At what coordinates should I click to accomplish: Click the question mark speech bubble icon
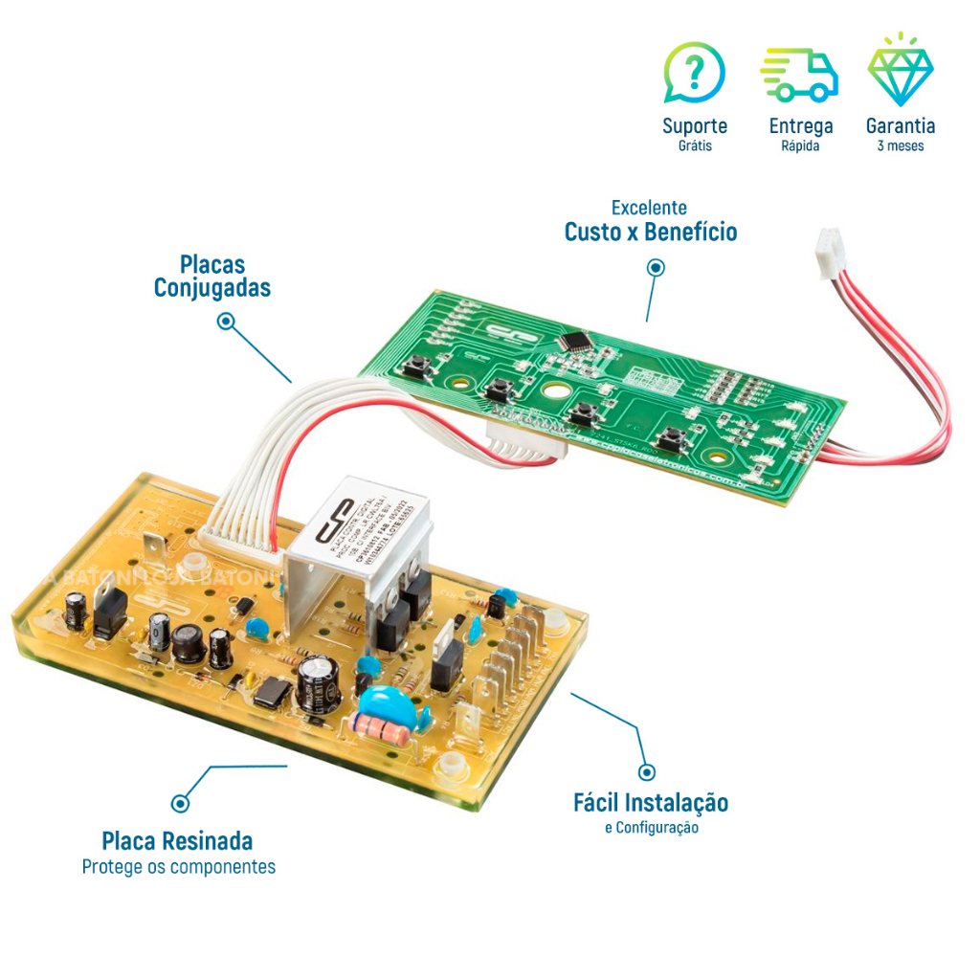pyautogui.click(x=694, y=73)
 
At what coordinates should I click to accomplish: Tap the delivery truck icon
pyautogui.click(x=799, y=75)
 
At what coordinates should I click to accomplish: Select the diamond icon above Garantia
pyautogui.click(x=900, y=72)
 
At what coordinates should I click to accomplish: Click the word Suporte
pyautogui.click(x=695, y=125)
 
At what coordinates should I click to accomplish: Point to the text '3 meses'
pyautogui.click(x=900, y=146)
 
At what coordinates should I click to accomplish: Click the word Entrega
pyautogui.click(x=800, y=125)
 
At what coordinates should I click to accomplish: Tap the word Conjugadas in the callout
pyautogui.click(x=212, y=288)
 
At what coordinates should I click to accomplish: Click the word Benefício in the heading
pyautogui.click(x=690, y=232)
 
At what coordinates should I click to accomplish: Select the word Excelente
pyautogui.click(x=649, y=208)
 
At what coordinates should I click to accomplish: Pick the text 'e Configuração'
pyautogui.click(x=651, y=827)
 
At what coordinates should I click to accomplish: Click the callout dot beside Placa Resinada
pyautogui.click(x=179, y=803)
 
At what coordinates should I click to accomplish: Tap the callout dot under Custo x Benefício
pyautogui.click(x=656, y=269)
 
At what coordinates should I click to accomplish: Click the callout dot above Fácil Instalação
pyautogui.click(x=647, y=771)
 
